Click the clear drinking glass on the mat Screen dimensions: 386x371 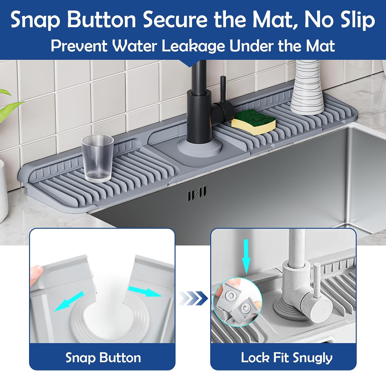tap(97, 158)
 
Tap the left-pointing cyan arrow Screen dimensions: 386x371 tap(69, 301)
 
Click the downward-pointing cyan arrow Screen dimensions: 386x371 tap(246, 256)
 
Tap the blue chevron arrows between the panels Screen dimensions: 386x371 tap(192, 298)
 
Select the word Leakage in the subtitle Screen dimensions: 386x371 tap(193, 46)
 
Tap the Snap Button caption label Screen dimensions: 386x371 tap(103, 358)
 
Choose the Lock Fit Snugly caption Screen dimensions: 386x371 tap(287, 358)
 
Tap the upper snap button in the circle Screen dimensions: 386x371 tap(229, 296)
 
